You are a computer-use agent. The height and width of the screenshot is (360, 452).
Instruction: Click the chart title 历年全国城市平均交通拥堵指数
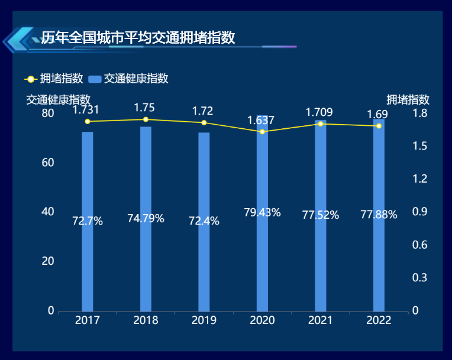click(138, 38)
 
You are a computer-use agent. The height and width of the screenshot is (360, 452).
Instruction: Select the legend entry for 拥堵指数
click(53, 79)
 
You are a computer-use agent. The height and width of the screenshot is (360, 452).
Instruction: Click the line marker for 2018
click(146, 119)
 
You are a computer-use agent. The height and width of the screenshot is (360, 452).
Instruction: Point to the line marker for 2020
click(262, 132)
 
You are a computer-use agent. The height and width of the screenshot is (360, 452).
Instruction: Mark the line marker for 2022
click(379, 126)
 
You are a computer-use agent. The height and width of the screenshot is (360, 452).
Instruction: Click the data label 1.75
click(144, 108)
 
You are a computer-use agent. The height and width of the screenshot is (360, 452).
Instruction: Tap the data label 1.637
click(261, 121)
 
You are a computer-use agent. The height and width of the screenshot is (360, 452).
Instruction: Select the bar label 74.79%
click(146, 219)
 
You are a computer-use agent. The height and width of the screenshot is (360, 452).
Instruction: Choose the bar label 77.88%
click(379, 215)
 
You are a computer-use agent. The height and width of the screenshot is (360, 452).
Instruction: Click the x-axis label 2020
click(262, 320)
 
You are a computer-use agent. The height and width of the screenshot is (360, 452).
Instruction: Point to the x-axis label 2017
click(88, 320)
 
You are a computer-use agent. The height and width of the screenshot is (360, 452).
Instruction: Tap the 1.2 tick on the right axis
click(421, 179)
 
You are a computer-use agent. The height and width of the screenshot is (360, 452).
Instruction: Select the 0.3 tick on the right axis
click(421, 278)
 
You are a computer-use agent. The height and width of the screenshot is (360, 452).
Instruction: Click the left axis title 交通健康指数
click(58, 99)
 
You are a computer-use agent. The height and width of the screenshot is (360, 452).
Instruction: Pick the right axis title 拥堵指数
click(408, 99)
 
